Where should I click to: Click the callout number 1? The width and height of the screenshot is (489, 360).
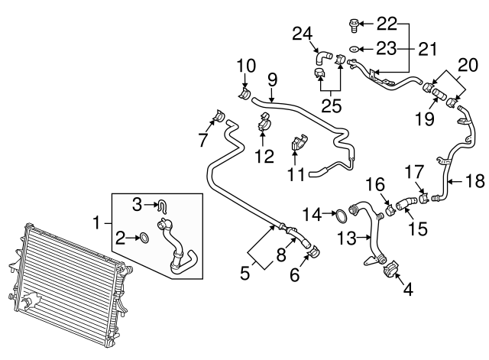97,222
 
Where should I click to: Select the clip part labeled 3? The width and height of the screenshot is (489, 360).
163,204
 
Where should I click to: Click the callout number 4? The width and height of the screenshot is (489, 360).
407,290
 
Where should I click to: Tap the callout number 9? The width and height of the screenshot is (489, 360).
272,79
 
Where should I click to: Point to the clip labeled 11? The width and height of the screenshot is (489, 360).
299,143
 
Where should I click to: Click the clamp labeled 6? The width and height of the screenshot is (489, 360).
314,251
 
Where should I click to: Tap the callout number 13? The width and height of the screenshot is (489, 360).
347,239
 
